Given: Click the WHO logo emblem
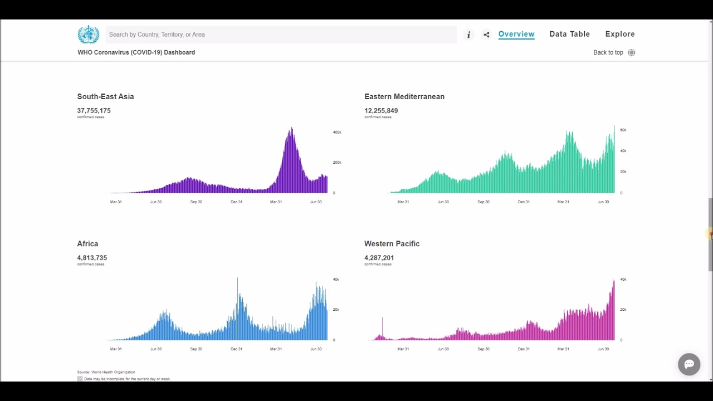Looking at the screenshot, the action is (89, 35).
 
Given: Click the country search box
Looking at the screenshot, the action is (281, 35).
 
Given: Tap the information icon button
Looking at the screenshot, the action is (468, 35).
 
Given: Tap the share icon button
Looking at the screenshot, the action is (486, 35).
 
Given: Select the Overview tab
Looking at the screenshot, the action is (516, 34).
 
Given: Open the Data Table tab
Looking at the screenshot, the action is (569, 34).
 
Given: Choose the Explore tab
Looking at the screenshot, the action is (620, 34).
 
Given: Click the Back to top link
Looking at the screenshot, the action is (608, 52).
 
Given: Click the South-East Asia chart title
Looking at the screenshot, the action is (105, 96).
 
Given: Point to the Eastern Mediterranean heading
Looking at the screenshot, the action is (404, 96).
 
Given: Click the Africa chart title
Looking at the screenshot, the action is (87, 243).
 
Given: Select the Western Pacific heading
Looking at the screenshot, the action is (392, 243).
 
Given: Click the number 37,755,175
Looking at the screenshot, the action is (94, 111).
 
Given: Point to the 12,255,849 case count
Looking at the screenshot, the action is (381, 111).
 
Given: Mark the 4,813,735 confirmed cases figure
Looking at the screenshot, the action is (92, 258).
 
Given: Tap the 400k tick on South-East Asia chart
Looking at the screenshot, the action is (337, 132).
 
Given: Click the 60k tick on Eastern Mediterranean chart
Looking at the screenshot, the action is (623, 130).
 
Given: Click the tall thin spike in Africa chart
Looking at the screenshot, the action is (237, 309).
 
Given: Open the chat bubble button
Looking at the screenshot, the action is (689, 364).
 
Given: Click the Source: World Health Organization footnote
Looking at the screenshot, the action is (106, 372).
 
